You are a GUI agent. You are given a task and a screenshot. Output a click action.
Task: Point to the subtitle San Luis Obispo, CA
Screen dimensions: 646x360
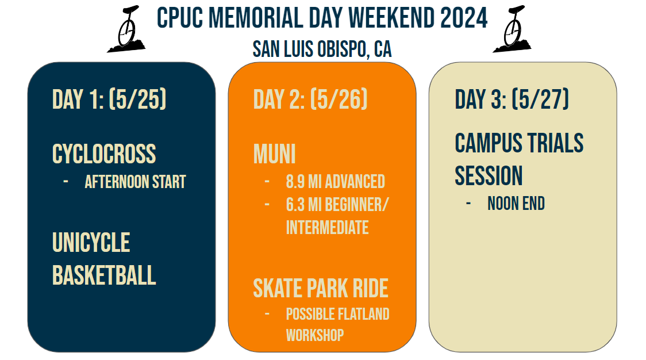[x=322, y=49]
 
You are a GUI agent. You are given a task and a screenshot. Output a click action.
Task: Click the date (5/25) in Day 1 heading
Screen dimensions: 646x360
[x=137, y=99]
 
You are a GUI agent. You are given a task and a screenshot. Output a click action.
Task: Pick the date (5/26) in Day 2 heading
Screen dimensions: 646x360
[x=339, y=99]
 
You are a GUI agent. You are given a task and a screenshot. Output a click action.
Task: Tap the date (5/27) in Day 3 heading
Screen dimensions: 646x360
[x=540, y=99]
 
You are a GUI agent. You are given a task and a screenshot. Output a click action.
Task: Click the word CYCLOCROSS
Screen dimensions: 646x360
[x=104, y=154]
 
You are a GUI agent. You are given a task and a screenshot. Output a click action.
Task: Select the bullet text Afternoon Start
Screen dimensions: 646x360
[x=135, y=182]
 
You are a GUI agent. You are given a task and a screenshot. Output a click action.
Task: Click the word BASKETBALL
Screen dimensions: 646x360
[x=104, y=275]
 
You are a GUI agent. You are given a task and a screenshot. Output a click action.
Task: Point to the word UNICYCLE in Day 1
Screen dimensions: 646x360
[x=91, y=243]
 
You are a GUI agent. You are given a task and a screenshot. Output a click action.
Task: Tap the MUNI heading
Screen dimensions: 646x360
[x=274, y=154]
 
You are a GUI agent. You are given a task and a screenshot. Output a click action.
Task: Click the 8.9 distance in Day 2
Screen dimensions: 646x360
[x=295, y=182]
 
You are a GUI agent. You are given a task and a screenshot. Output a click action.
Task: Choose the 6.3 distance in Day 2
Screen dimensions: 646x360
[x=295, y=205]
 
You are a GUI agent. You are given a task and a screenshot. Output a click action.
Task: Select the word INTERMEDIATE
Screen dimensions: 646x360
[x=328, y=228]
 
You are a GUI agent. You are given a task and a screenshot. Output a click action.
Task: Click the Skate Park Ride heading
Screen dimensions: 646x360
[x=321, y=288]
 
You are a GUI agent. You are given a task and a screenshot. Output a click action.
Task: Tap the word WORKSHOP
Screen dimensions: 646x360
[x=315, y=335]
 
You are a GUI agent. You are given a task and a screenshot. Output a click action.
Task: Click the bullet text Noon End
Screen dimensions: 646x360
[x=516, y=204]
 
